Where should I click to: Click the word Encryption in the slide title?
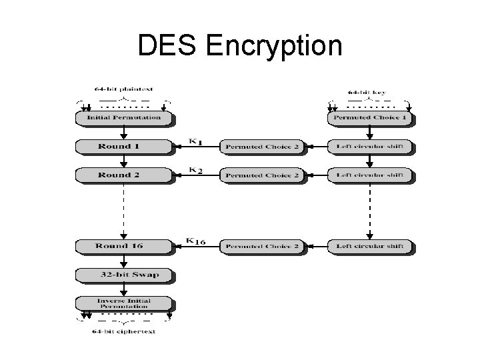[275, 45]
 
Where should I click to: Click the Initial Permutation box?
[124, 118]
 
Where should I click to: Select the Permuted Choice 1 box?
[371, 118]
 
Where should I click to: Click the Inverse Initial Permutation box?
[124, 304]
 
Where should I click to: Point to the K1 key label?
[196, 141]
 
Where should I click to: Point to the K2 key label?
[196, 170]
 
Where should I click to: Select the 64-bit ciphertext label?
[125, 331]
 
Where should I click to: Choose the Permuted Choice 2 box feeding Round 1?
[262, 147]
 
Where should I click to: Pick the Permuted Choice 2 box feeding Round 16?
[262, 247]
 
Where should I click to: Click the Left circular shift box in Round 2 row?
[371, 175]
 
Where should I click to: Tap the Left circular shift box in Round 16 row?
[371, 247]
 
